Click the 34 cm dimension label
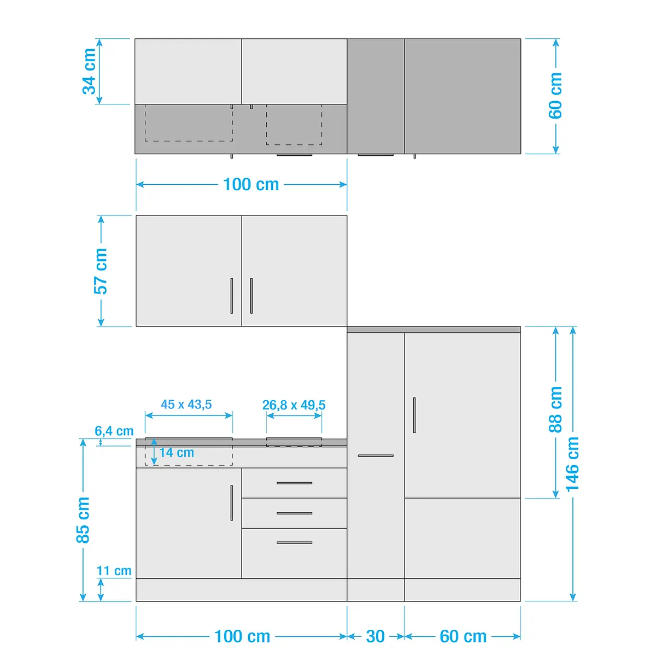click(89, 71)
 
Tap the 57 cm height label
click(101, 271)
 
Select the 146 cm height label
click(572, 464)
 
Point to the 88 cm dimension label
click(555, 409)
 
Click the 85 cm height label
click(83, 520)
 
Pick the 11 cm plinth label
click(114, 571)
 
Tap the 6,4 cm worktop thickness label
click(114, 431)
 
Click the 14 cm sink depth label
click(177, 453)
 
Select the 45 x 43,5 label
click(186, 405)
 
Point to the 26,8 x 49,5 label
click(294, 405)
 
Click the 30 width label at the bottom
click(375, 636)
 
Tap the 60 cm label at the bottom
click(463, 636)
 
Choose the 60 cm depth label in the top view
click(555, 96)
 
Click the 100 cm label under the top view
click(251, 185)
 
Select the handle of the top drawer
click(295, 483)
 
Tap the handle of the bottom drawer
click(295, 543)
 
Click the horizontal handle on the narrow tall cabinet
click(376, 455)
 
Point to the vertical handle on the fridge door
click(414, 415)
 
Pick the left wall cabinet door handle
click(232, 296)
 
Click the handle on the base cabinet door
click(232, 503)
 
